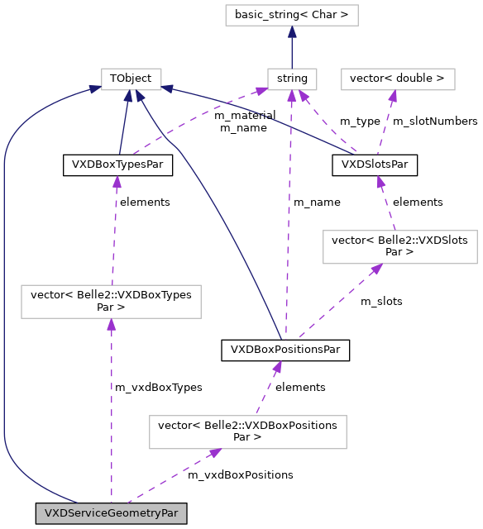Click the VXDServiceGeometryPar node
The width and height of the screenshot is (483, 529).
click(x=111, y=512)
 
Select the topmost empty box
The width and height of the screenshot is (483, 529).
click(x=291, y=15)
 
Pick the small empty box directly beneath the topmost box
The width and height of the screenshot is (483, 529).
click(x=292, y=79)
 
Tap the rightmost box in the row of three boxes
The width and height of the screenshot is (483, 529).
click(x=398, y=79)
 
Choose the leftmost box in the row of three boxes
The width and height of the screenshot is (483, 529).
click(x=131, y=79)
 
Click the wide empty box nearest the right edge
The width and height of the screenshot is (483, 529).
click(x=399, y=247)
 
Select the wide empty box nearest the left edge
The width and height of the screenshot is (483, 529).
click(x=111, y=302)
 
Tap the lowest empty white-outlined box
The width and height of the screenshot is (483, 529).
click(x=247, y=432)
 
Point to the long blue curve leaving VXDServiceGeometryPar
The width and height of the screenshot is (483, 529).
click(x=4, y=289)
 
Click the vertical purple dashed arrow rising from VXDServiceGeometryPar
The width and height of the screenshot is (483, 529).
click(x=111, y=413)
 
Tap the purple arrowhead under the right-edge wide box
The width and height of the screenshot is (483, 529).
click(x=376, y=269)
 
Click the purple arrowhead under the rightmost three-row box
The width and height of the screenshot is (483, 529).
click(x=393, y=97)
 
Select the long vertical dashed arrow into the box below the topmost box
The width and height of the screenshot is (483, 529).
click(x=289, y=215)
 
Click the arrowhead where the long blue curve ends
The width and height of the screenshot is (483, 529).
click(x=96, y=90)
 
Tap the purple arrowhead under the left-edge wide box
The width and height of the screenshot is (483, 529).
click(x=111, y=325)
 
